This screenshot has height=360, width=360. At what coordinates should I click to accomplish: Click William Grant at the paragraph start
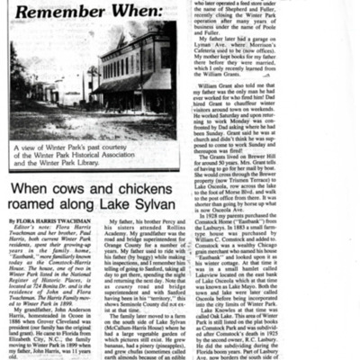pyautogui.click(x=232, y=86)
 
